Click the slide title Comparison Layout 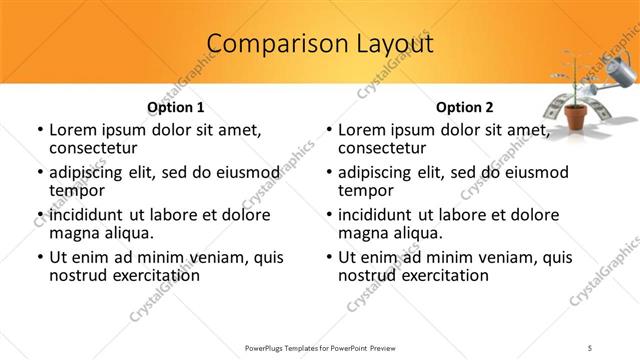[320, 44]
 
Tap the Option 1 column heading [176, 107]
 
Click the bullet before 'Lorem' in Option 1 [39, 130]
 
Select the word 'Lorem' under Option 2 [363, 130]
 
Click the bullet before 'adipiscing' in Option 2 [328, 172]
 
